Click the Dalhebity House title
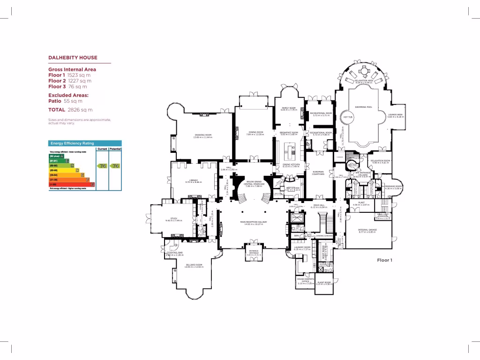tap(73, 58)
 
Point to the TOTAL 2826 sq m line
tap(70, 110)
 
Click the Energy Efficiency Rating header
tap(72, 143)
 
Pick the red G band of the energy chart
tap(72, 185)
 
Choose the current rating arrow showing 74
tap(102, 165)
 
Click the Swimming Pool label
tap(363, 107)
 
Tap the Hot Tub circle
tap(348, 117)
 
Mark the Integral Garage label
tap(367, 230)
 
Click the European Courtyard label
tap(318, 173)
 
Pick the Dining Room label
tap(255, 132)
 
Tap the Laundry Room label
tap(302, 247)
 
